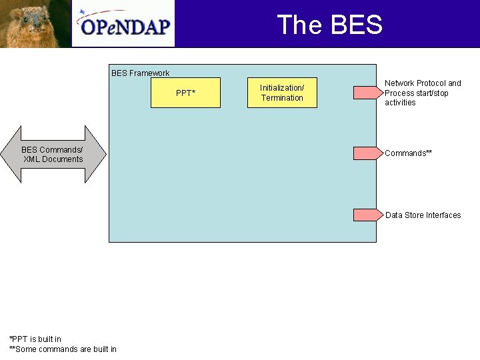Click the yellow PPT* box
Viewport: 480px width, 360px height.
[x=186, y=93]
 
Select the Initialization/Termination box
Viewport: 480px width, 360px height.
[x=282, y=93]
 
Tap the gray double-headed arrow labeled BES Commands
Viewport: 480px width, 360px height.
[x=53, y=155]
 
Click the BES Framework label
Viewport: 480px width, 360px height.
[x=140, y=73]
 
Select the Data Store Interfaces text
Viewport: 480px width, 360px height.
[x=423, y=215]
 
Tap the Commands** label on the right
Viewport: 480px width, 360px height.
[x=408, y=153]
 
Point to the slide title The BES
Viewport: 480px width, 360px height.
[x=329, y=25]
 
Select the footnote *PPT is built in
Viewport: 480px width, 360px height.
[x=35, y=339]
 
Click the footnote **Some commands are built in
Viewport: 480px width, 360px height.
[x=63, y=349]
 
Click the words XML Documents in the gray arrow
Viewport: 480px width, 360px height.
[x=53, y=159]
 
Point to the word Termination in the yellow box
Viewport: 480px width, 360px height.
[x=282, y=98]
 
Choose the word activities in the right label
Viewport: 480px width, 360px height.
[x=400, y=103]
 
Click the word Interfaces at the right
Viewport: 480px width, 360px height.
[x=443, y=215]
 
